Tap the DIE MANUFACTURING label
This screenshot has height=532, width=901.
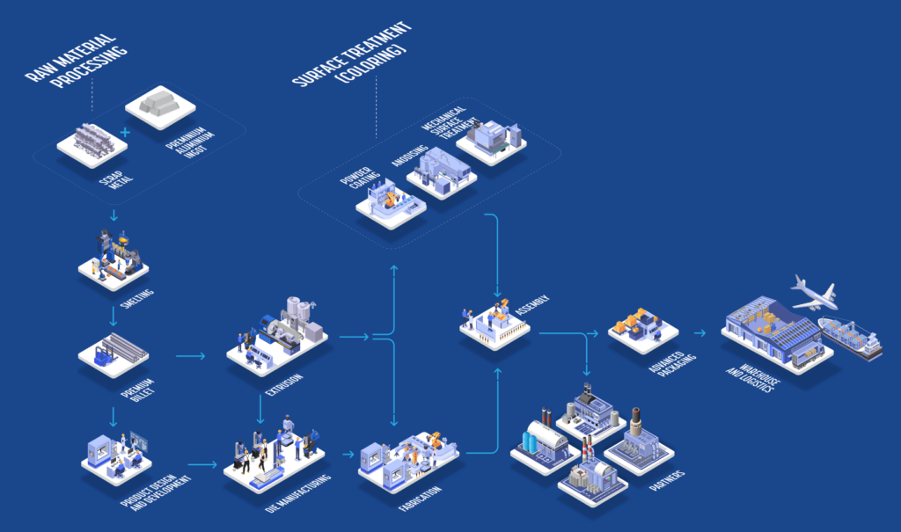tap(298, 498)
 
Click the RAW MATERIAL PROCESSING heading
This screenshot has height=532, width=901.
tap(75, 62)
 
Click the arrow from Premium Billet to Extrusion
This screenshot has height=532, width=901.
tap(190, 356)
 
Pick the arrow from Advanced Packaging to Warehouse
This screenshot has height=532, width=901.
tap(700, 334)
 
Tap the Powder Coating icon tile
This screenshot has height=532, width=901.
tap(391, 203)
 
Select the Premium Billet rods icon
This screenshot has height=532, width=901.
tap(114, 352)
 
